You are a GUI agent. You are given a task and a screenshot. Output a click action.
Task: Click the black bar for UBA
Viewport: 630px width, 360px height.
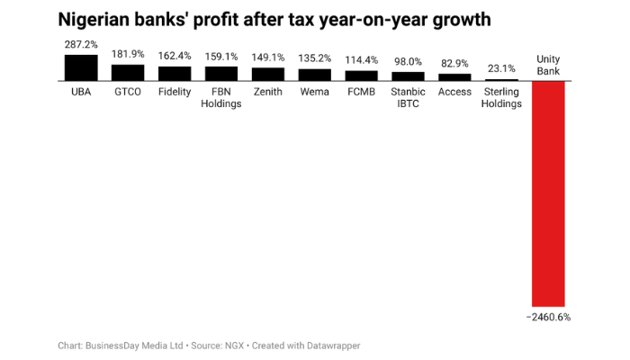click(80, 68)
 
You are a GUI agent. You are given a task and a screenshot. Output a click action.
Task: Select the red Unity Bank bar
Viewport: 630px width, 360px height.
click(548, 193)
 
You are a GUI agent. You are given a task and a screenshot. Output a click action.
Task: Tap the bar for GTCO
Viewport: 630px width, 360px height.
click(127, 73)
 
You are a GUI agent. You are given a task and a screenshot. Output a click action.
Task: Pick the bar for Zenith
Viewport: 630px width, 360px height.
click(267, 75)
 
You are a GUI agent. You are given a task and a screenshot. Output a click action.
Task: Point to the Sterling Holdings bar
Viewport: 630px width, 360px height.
click(501, 80)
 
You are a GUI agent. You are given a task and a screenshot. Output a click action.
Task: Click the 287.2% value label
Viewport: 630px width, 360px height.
click(80, 44)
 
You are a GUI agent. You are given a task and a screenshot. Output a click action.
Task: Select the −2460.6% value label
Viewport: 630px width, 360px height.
click(548, 317)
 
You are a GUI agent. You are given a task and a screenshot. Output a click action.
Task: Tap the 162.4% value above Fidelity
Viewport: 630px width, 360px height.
click(174, 56)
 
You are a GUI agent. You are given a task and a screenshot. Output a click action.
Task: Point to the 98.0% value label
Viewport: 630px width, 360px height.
click(408, 62)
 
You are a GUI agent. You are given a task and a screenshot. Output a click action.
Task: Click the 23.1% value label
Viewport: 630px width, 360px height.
click(501, 68)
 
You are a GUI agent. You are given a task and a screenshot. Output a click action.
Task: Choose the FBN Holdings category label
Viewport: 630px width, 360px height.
click(220, 97)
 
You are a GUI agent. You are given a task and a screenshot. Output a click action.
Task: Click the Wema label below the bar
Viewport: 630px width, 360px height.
click(314, 92)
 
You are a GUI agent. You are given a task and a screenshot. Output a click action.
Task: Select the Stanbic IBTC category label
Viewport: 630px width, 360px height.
click(408, 97)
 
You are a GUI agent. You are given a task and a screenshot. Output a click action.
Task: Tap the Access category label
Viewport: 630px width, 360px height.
click(454, 92)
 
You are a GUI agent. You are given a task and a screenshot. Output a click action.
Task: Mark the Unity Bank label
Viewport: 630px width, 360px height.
click(548, 65)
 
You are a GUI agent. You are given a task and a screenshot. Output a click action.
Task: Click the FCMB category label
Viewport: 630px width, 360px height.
click(361, 92)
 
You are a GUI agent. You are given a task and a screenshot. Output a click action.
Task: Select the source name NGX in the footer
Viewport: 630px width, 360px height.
click(231, 346)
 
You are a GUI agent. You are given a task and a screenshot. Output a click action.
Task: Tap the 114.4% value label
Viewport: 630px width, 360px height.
click(361, 60)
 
